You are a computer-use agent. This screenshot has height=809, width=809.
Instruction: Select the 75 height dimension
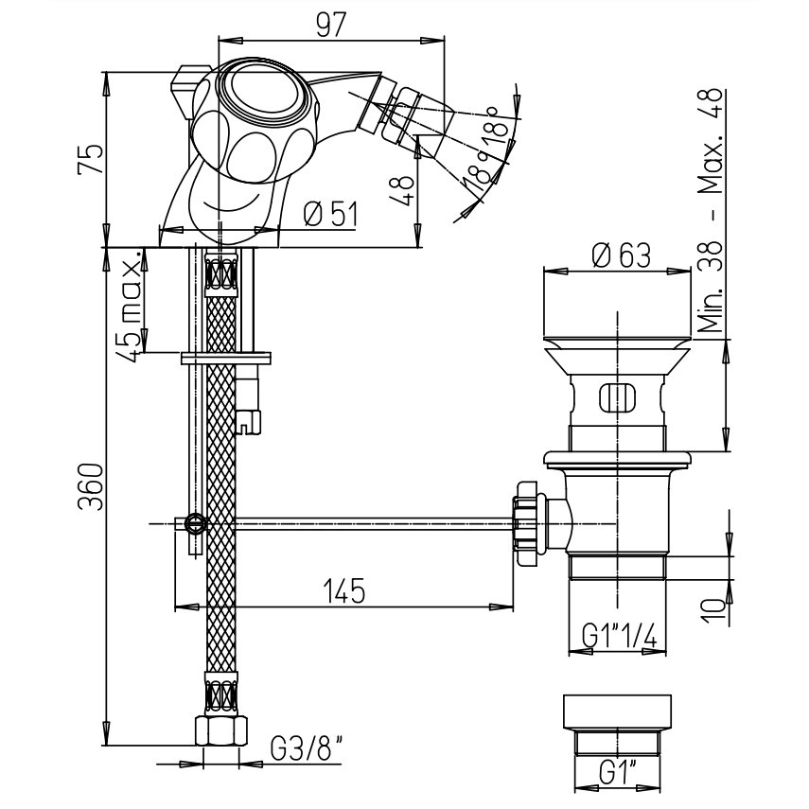click(91, 161)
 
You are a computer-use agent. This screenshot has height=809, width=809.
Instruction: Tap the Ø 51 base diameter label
click(331, 214)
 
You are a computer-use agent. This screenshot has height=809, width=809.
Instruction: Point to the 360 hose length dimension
click(91, 486)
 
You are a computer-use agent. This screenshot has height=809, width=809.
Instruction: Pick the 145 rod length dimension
click(344, 590)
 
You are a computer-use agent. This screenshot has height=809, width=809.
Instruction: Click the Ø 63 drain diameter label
click(621, 255)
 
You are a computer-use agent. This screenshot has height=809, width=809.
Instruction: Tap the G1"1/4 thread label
click(619, 635)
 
